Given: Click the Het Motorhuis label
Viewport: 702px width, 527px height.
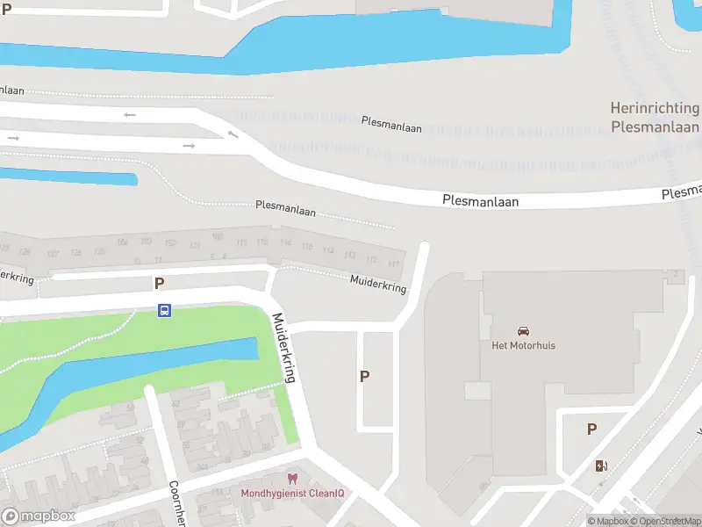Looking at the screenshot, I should [523, 345].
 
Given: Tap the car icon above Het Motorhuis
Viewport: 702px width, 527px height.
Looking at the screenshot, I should [523, 331].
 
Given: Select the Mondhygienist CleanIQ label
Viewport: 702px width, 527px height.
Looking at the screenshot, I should [292, 493].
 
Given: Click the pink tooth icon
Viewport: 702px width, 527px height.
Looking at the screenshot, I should [292, 479].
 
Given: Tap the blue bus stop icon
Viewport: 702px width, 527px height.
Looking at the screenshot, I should [164, 310].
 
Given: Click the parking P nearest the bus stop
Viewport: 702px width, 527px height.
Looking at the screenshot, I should [159, 283].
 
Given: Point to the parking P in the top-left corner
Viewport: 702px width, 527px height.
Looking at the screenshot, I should [6, 9].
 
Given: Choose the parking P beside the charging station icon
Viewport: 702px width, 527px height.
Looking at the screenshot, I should [591, 430].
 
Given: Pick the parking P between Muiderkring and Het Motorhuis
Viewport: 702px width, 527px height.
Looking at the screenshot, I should [364, 376].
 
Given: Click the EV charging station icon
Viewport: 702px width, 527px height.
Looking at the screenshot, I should [601, 466].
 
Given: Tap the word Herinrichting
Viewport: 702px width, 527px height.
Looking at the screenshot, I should [655, 109].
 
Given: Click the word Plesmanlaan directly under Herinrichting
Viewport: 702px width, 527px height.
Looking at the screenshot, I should [655, 126].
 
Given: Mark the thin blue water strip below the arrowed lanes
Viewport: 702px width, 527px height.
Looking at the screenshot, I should [70, 174].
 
